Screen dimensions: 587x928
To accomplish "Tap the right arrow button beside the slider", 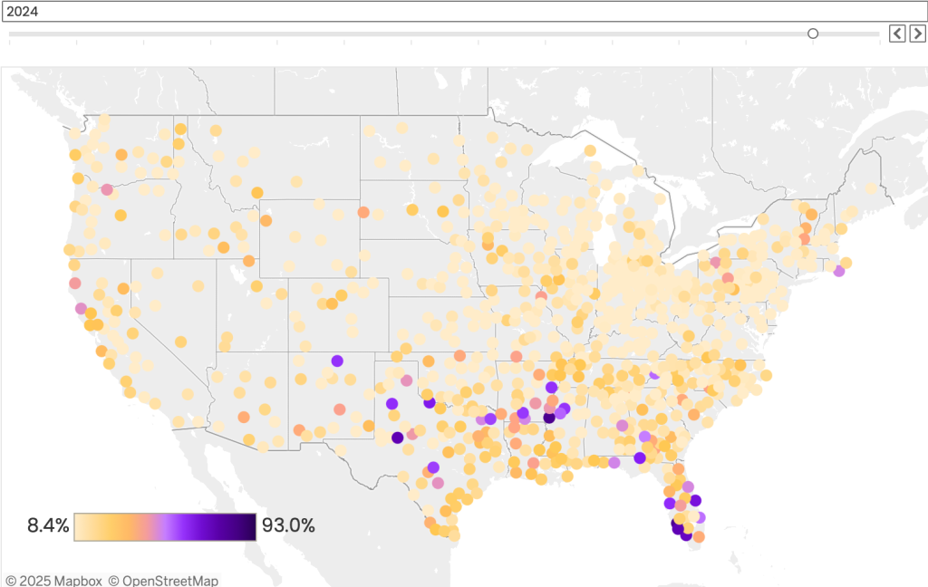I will coord(917,34).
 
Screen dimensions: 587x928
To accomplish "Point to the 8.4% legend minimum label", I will coord(48,525).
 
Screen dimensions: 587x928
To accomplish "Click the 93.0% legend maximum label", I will coord(288,525).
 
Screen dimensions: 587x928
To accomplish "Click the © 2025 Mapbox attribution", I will coord(53,580).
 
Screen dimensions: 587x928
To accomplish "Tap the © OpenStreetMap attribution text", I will coord(163,580).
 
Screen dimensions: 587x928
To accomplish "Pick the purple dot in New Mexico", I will coord(337,361).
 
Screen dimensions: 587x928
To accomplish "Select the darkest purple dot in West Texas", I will coord(397,438).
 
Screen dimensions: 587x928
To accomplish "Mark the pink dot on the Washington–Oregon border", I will coord(107,190).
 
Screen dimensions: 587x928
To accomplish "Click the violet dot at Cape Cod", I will coord(839,270).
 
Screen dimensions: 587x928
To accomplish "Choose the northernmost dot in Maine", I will coord(871,188).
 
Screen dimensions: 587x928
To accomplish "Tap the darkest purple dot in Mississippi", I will coord(548,418).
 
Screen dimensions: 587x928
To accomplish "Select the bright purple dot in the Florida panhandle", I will coord(641,457).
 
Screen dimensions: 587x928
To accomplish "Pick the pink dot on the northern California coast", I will coord(75,283).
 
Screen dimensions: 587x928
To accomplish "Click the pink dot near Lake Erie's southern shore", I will coord(716,262).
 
